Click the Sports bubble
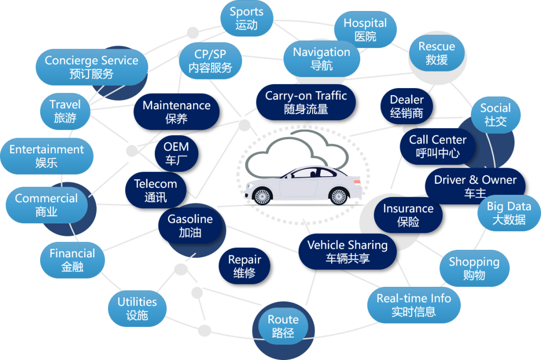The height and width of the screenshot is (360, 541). tap(246, 19)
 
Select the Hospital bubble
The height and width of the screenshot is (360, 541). tap(365, 30)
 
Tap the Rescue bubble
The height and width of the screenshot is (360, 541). tap(437, 53)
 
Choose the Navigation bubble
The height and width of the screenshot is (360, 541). tap(322, 59)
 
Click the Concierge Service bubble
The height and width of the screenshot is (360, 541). tap(92, 67)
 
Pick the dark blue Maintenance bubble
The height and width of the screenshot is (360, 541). tap(176, 112)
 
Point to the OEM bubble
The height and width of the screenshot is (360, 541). tap(176, 153)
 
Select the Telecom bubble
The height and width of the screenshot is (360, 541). tap(156, 190)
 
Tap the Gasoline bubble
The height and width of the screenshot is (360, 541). tap(190, 226)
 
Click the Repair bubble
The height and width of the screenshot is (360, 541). tap(244, 266)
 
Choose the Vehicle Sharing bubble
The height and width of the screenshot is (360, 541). tap(348, 251)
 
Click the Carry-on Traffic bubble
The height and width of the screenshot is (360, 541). tap(306, 102)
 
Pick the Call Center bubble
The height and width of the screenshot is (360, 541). tap(437, 146)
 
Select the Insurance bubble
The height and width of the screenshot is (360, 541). tap(408, 214)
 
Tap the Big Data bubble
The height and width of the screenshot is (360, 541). tap(509, 213)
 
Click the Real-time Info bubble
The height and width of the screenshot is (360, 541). tap(414, 304)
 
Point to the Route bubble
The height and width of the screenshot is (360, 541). tap(283, 326)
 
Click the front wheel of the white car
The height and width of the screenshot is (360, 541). tap(262, 196)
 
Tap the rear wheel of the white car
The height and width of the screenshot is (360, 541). tap(339, 196)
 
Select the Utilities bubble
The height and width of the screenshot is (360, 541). tap(137, 308)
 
